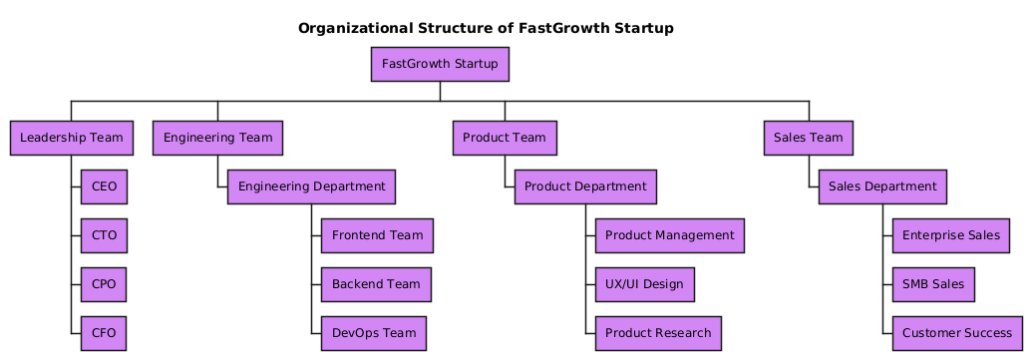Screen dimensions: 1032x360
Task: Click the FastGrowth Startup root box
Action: click(x=440, y=64)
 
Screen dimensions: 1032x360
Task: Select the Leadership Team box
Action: click(x=72, y=138)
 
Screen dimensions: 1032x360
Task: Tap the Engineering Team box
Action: click(x=217, y=138)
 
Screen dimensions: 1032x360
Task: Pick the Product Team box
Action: click(x=505, y=138)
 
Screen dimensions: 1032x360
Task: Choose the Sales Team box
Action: click(x=809, y=138)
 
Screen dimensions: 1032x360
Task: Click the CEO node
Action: click(x=104, y=186)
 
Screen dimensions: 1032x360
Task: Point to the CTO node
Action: click(x=104, y=235)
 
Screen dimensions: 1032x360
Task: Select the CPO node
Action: click(x=104, y=284)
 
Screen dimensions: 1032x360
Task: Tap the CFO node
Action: click(x=104, y=333)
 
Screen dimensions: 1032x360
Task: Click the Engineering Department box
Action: click(x=311, y=186)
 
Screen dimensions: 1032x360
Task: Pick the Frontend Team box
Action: click(x=377, y=235)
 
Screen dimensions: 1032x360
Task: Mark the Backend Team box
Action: click(x=377, y=284)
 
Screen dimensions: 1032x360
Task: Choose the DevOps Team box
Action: click(x=374, y=333)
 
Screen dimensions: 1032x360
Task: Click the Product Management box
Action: click(x=669, y=235)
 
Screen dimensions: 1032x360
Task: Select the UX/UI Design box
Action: click(x=644, y=284)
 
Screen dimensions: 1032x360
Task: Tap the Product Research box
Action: click(x=658, y=333)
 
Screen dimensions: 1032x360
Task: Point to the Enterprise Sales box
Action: click(x=951, y=235)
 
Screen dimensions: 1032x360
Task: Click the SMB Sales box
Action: click(x=933, y=284)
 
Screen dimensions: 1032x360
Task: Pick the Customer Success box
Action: click(x=957, y=333)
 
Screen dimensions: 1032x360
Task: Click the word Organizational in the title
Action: click(x=355, y=28)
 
